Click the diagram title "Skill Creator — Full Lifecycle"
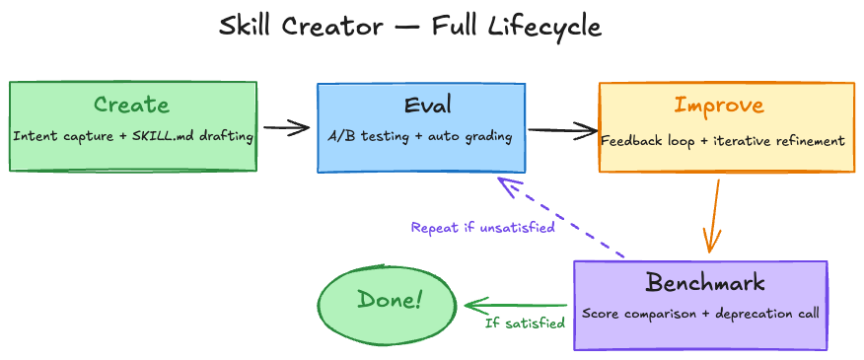click(x=409, y=27)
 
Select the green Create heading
click(x=131, y=105)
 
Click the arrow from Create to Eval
click(x=286, y=127)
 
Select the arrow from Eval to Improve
click(x=562, y=128)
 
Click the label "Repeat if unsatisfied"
click(x=482, y=228)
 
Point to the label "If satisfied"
click(x=525, y=323)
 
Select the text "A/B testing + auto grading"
click(x=419, y=136)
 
